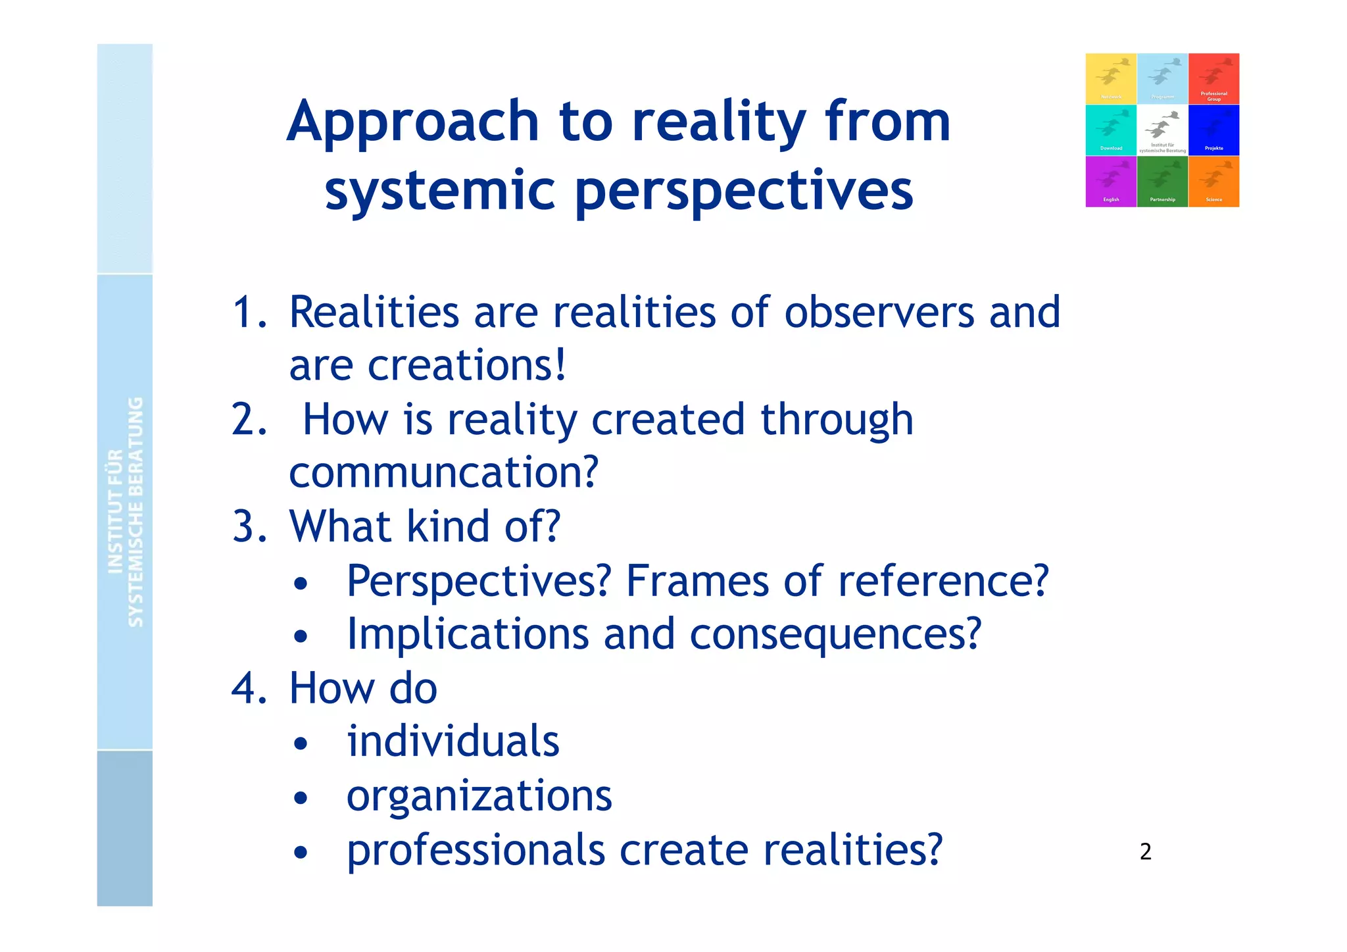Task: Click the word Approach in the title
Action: tap(413, 123)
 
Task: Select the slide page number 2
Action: tap(1145, 852)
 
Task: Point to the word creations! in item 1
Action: tap(466, 366)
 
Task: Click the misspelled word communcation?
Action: tap(444, 472)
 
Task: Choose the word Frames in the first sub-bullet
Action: tap(697, 581)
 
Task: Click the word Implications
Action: tap(468, 634)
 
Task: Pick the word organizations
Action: tap(479, 796)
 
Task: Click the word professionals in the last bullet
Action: tap(476, 850)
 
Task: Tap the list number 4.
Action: tap(249, 689)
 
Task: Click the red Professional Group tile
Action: tap(1213, 79)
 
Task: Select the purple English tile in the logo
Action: tap(1111, 182)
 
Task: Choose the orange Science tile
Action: tap(1213, 182)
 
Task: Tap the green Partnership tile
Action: tap(1162, 182)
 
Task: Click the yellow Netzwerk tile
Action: tap(1111, 79)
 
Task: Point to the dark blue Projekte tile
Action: tap(1213, 130)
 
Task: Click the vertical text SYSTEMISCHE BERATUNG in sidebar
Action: tap(135, 512)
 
